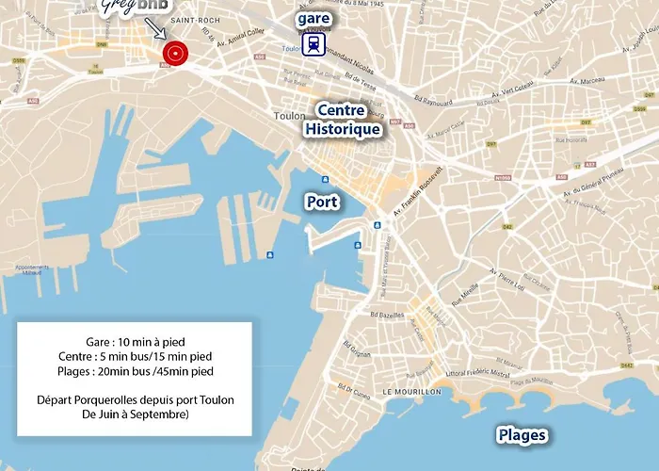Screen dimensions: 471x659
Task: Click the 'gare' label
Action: (313, 19)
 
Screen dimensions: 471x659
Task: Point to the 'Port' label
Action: (321, 202)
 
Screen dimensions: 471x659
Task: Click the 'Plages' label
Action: (522, 435)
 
